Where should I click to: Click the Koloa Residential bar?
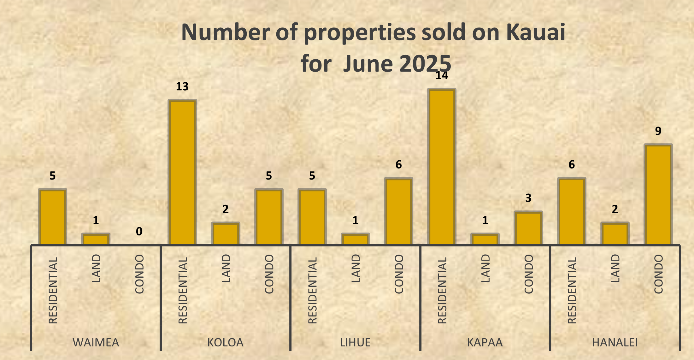(182, 172)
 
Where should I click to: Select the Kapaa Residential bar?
(442, 167)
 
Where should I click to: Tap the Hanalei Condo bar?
(658, 194)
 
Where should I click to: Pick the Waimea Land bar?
(96, 239)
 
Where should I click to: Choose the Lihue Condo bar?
(398, 211)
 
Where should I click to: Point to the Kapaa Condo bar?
(528, 228)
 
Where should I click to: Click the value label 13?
(182, 86)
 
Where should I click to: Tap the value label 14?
(442, 75)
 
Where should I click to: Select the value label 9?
(658, 131)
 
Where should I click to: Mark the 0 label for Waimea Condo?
(139, 232)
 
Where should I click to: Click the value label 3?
(528, 198)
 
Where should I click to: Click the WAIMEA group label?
(96, 342)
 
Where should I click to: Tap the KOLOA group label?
(225, 342)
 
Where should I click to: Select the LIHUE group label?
(355, 342)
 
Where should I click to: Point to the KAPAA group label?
(485, 342)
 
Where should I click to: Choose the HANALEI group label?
(615, 342)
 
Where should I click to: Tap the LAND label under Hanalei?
(615, 268)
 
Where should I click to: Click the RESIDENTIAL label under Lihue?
(312, 290)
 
